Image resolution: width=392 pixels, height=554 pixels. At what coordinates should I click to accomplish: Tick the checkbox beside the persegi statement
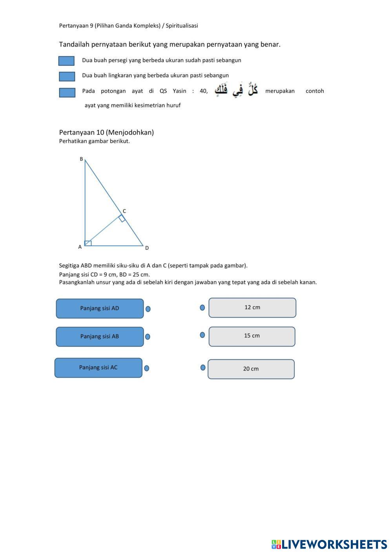click(x=66, y=61)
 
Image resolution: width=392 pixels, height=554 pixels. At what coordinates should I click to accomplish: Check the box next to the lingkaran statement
click(x=67, y=76)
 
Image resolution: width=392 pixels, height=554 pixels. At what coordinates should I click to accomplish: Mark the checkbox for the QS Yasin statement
click(x=67, y=92)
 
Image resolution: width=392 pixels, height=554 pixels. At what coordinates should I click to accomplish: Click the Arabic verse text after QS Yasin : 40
click(x=236, y=91)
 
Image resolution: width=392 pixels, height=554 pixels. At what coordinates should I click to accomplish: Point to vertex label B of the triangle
click(x=82, y=159)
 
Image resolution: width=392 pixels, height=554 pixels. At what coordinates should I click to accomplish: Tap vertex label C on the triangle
click(x=124, y=211)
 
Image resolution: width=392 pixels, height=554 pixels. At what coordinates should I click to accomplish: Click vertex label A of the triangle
click(x=80, y=247)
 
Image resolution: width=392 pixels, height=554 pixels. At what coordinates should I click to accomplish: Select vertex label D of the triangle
click(x=147, y=248)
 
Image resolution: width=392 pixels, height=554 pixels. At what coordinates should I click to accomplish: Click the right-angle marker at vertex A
click(x=88, y=243)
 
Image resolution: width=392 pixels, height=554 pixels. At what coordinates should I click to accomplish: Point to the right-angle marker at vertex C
click(x=122, y=218)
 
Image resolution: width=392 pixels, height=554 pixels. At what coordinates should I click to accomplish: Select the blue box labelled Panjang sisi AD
click(x=100, y=308)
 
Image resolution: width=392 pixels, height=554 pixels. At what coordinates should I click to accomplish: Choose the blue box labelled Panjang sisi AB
click(x=100, y=337)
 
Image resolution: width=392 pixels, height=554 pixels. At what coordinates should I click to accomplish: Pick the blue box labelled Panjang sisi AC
click(x=98, y=368)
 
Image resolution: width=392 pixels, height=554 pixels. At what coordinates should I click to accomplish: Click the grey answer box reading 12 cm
click(x=252, y=308)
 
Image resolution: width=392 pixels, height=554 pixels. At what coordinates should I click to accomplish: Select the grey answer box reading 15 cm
click(x=252, y=336)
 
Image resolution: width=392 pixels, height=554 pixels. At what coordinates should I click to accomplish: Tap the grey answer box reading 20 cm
click(x=251, y=369)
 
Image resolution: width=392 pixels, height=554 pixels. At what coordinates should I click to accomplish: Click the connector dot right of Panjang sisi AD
click(x=148, y=309)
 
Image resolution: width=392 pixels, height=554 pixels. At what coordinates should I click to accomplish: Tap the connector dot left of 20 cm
click(x=203, y=368)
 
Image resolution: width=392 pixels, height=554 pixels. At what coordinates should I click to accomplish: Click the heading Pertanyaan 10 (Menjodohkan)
click(x=106, y=132)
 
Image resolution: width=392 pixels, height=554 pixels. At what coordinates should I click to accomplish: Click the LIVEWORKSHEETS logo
click(x=329, y=544)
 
